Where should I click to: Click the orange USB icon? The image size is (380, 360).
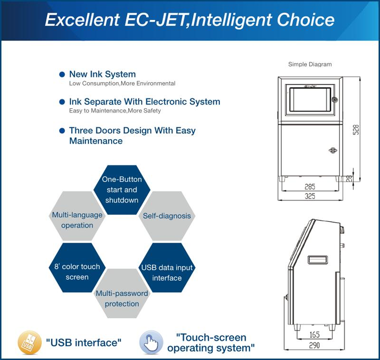pos(29,342)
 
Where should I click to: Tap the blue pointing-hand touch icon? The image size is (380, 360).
pos(151,342)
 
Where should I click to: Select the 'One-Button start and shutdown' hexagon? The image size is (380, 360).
pos(122,189)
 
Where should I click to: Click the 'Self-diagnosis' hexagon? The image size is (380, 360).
pos(167,216)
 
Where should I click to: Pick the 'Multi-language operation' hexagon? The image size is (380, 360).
pos(77,216)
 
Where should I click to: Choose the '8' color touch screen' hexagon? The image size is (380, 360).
pos(77,268)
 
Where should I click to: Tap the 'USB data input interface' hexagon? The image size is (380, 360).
pos(167,268)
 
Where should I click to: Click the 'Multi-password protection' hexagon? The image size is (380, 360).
pos(122,294)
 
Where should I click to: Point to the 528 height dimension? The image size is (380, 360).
pos(355,130)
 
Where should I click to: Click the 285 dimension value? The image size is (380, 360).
pos(310,187)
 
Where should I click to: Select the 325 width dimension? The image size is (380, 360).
pos(310,196)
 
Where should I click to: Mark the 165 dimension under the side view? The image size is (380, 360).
pos(314,335)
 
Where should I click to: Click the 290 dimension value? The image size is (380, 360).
pos(314,345)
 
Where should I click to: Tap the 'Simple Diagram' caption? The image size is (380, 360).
pos(310,64)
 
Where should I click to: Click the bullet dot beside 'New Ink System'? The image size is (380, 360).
pos(62,74)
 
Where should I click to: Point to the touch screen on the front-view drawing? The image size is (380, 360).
pos(310,100)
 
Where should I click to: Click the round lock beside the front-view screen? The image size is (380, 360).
pos(335,99)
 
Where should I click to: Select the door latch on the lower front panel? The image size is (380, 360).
pos(333,150)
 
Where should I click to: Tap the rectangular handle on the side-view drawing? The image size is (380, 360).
pos(318,260)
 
